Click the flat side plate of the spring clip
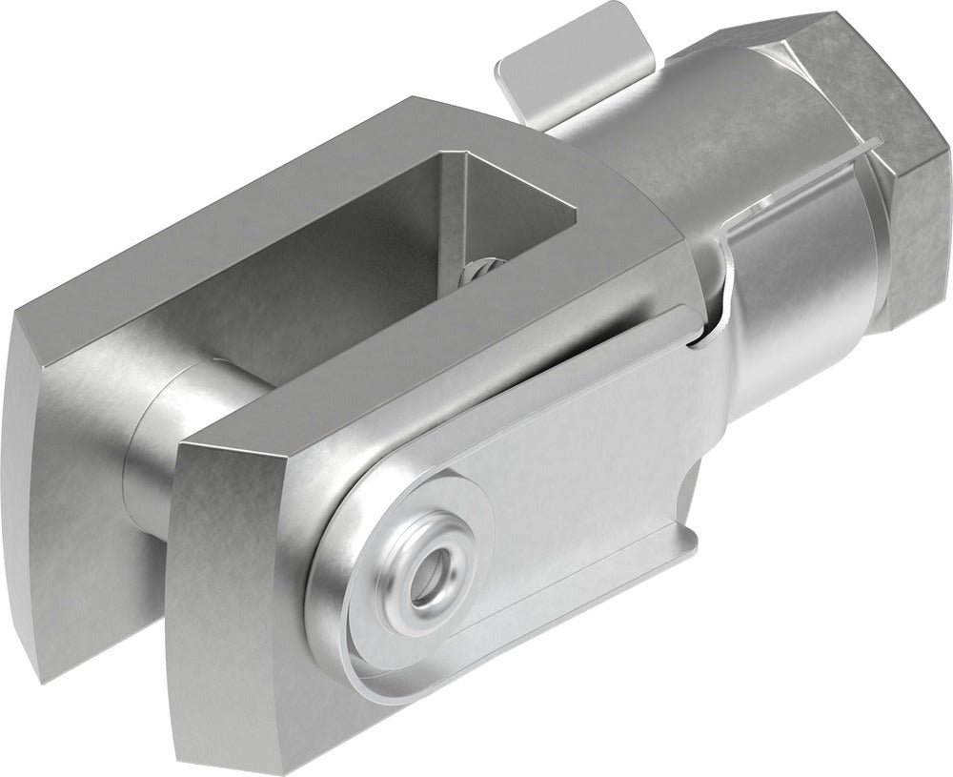[581, 477]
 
